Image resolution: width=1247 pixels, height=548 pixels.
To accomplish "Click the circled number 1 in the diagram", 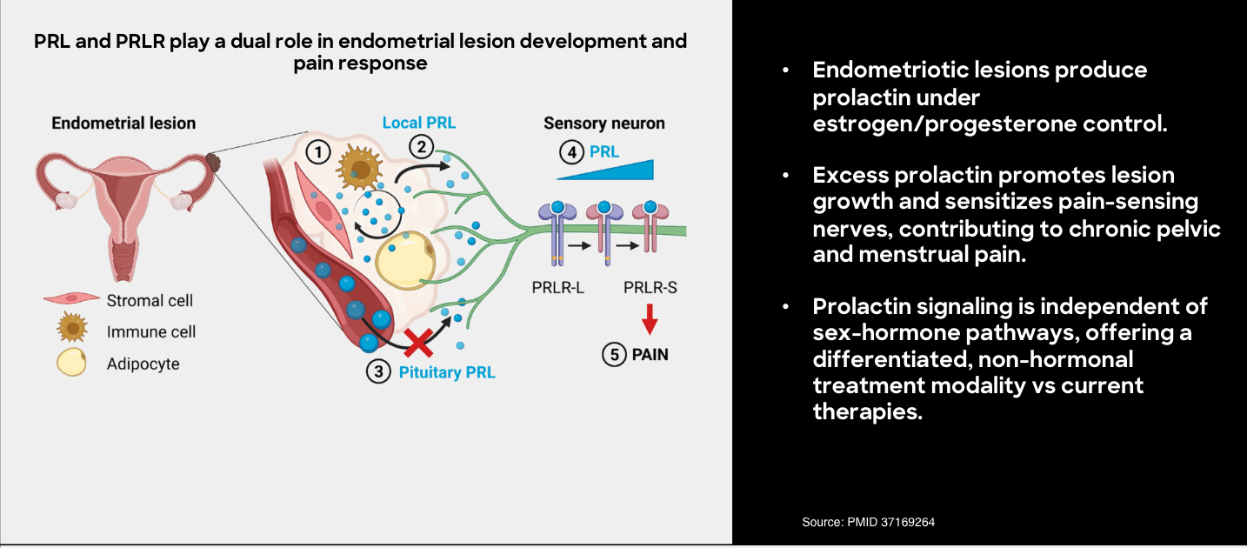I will [x=319, y=152].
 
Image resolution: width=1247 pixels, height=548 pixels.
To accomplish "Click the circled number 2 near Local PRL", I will [x=421, y=145].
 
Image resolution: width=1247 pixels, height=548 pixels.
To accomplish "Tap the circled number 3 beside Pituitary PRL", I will [x=378, y=372].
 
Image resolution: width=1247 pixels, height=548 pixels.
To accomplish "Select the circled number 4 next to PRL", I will [x=571, y=152].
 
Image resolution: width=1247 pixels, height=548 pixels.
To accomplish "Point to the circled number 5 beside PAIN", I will [x=614, y=355].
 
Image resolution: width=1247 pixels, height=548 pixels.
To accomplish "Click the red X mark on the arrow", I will [x=419, y=342].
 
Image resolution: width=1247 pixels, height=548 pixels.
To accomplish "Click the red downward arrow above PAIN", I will [x=649, y=325].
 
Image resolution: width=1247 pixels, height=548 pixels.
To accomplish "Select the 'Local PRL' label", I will [x=419, y=123].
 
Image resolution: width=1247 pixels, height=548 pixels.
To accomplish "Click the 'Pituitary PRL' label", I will [x=446, y=373].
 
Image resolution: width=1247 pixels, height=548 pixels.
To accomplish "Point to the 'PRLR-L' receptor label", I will [x=557, y=288].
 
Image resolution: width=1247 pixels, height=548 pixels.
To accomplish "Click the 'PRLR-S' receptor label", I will [x=650, y=288].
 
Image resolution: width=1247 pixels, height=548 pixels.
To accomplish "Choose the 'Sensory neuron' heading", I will [x=603, y=123].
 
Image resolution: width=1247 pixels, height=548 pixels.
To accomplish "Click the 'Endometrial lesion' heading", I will [x=123, y=123].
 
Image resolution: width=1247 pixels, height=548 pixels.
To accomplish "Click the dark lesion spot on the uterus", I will [x=213, y=161].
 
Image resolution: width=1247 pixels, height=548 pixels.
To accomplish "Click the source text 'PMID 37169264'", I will [x=891, y=522].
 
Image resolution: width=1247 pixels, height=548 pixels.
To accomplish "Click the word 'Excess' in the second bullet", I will [x=849, y=175].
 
